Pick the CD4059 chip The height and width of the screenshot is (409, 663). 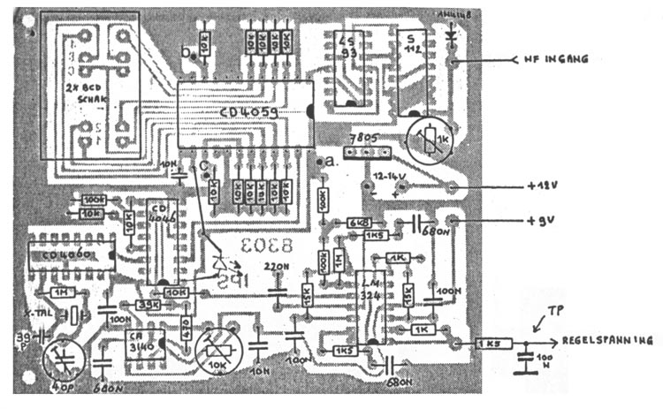point(243,112)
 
